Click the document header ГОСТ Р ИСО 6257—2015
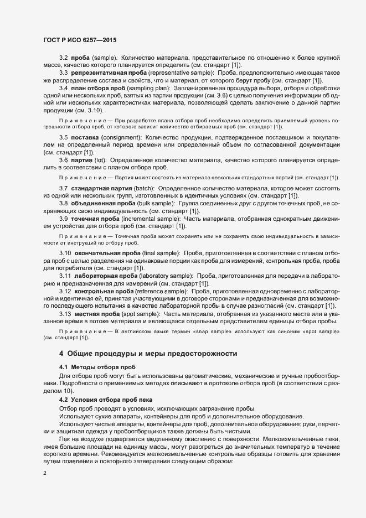pyautogui.click(x=79, y=40)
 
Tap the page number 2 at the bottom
pyautogui.click(x=45, y=473)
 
